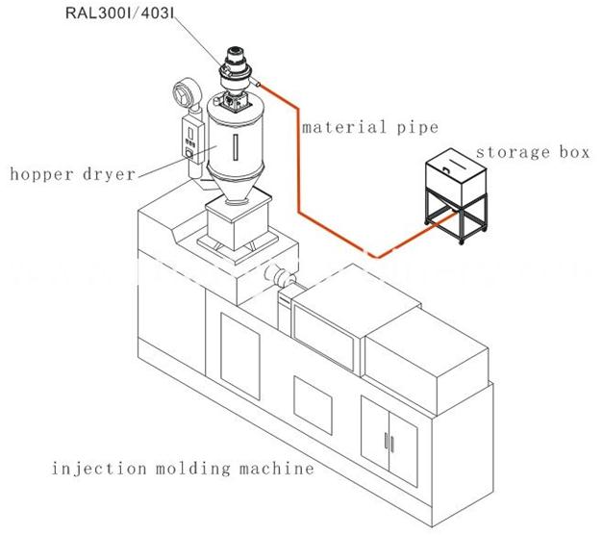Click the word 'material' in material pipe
point(332,127)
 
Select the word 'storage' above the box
point(502,152)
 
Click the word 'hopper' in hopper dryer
point(39,175)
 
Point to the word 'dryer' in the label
point(107,175)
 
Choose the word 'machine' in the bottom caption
point(269,470)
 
